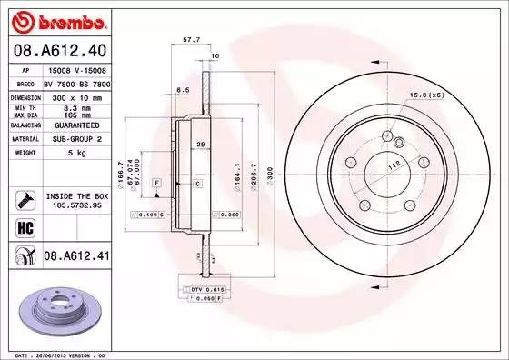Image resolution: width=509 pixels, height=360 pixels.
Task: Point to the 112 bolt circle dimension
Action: [x=394, y=165]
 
